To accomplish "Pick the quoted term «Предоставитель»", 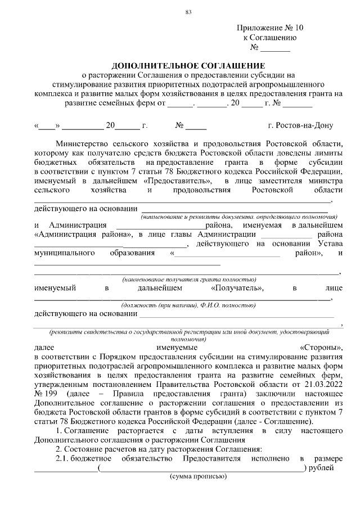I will click(178, 181).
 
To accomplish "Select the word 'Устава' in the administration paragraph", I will click(331, 243).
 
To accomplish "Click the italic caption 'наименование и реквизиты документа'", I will click(239, 217).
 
